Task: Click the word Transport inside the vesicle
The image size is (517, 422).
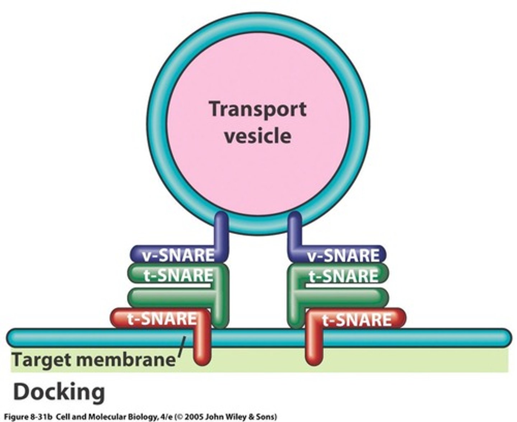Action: click(x=258, y=109)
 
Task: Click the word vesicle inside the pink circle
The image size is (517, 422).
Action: click(x=257, y=136)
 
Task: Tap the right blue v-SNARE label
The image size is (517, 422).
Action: click(x=343, y=255)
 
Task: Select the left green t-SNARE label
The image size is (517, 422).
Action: click(x=178, y=276)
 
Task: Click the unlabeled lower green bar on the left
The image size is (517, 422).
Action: click(x=169, y=297)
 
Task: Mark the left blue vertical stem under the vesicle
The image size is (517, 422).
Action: click(x=221, y=230)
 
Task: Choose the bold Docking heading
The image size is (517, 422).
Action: click(x=59, y=392)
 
